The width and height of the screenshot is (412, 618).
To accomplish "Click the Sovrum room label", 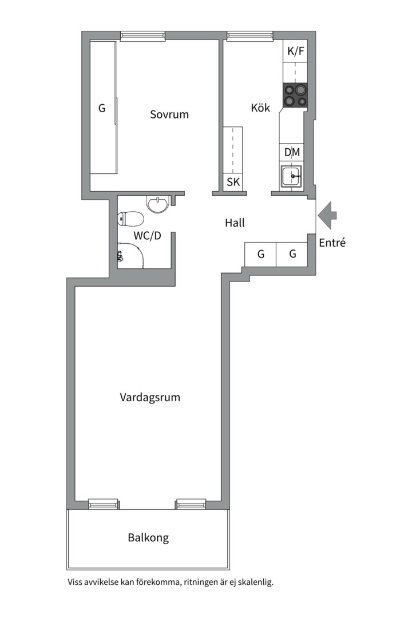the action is click(x=169, y=114).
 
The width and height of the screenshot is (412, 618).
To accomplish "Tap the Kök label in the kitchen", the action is click(x=260, y=107).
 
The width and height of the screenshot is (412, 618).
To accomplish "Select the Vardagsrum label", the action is click(x=150, y=397).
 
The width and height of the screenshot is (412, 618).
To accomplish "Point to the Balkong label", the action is click(x=148, y=537).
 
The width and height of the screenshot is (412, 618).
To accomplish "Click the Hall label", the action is click(x=235, y=223).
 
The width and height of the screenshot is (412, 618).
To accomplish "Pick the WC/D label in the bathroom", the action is click(x=148, y=236).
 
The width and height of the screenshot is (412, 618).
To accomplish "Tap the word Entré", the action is click(x=332, y=243).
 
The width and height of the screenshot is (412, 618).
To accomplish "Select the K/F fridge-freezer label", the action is click(x=296, y=51).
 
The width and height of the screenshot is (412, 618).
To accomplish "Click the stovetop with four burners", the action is click(x=295, y=96).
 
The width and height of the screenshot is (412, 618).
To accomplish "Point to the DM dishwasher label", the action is click(x=292, y=152).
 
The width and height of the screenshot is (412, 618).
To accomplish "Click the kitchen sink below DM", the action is click(x=291, y=176).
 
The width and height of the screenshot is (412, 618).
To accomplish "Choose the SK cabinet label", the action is click(x=233, y=182).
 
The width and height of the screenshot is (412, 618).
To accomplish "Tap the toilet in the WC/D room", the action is click(x=130, y=219).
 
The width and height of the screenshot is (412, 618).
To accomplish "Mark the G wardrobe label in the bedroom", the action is click(x=102, y=108).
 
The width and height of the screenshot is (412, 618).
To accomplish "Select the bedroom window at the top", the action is click(x=142, y=36).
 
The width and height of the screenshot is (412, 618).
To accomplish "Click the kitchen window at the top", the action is click(x=250, y=36).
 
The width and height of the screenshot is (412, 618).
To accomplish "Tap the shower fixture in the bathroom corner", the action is click(x=120, y=256).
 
